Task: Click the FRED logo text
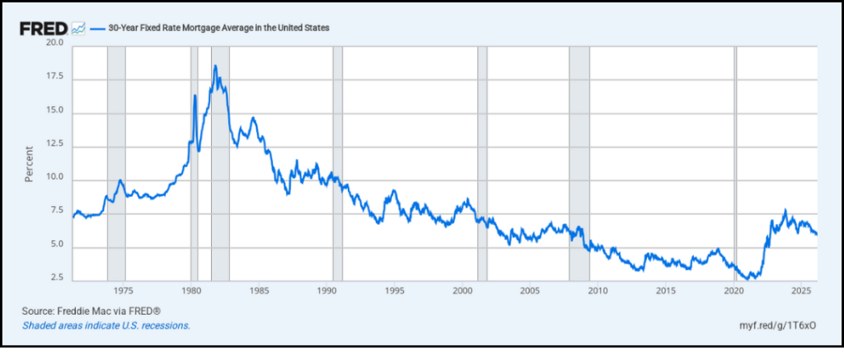[44, 28]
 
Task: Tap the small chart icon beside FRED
[78, 28]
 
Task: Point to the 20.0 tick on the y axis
[54, 43]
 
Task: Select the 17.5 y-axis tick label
[54, 77]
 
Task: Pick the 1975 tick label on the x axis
[123, 291]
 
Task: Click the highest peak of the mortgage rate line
[215, 66]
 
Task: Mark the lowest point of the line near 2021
[748, 279]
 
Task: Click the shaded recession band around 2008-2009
[579, 165]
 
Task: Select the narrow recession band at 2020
[736, 165]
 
